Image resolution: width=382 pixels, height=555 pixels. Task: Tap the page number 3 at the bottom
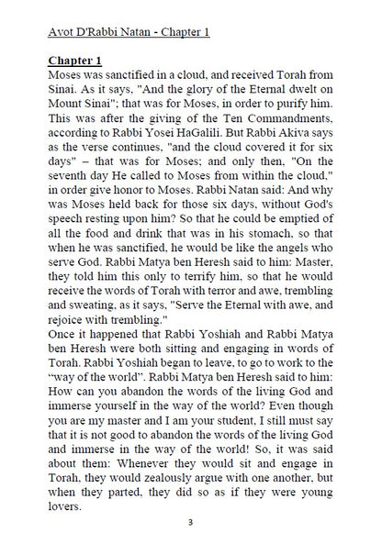pos(189,523)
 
